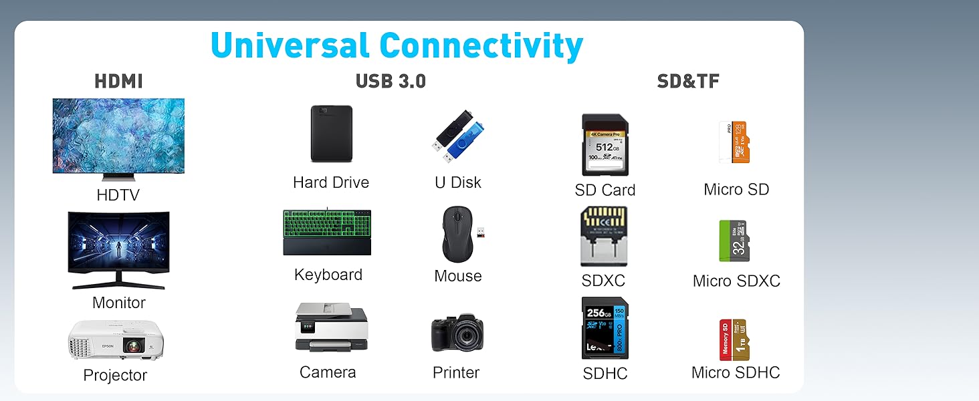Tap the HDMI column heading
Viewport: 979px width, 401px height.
(118, 82)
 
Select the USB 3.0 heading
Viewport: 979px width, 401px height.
(391, 82)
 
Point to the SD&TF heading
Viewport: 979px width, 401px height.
(688, 82)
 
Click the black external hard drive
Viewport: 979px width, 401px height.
(331, 134)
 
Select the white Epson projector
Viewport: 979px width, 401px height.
(115, 340)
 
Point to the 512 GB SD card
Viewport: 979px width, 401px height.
(605, 145)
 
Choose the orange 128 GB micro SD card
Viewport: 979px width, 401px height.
(740, 142)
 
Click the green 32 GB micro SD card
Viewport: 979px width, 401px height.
(734, 241)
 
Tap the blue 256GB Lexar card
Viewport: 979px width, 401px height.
(605, 328)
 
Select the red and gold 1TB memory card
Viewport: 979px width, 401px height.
(734, 340)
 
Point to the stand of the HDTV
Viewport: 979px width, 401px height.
(118, 177)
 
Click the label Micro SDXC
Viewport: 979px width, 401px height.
(736, 281)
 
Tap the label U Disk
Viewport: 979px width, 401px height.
(458, 182)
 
